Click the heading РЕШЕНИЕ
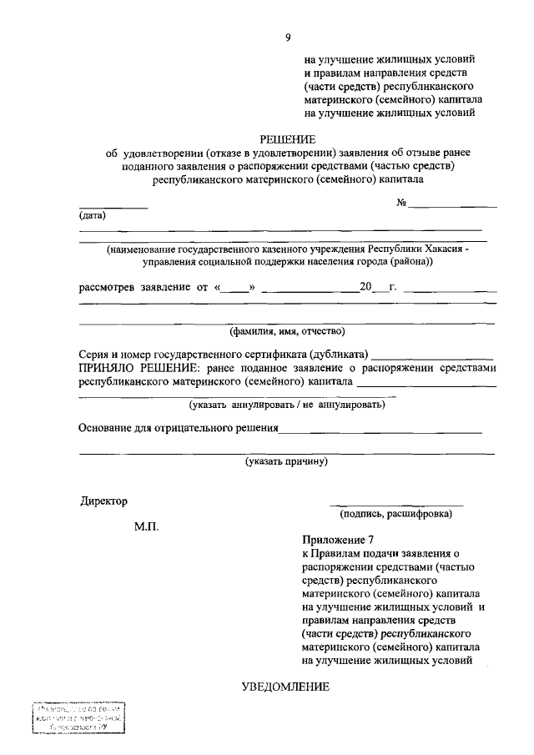[x=288, y=138]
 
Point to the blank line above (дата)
[x=113, y=207]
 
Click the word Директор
[x=104, y=501]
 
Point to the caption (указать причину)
[x=287, y=461]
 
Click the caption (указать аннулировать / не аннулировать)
[x=287, y=405]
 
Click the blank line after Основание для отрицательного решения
[x=380, y=431]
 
